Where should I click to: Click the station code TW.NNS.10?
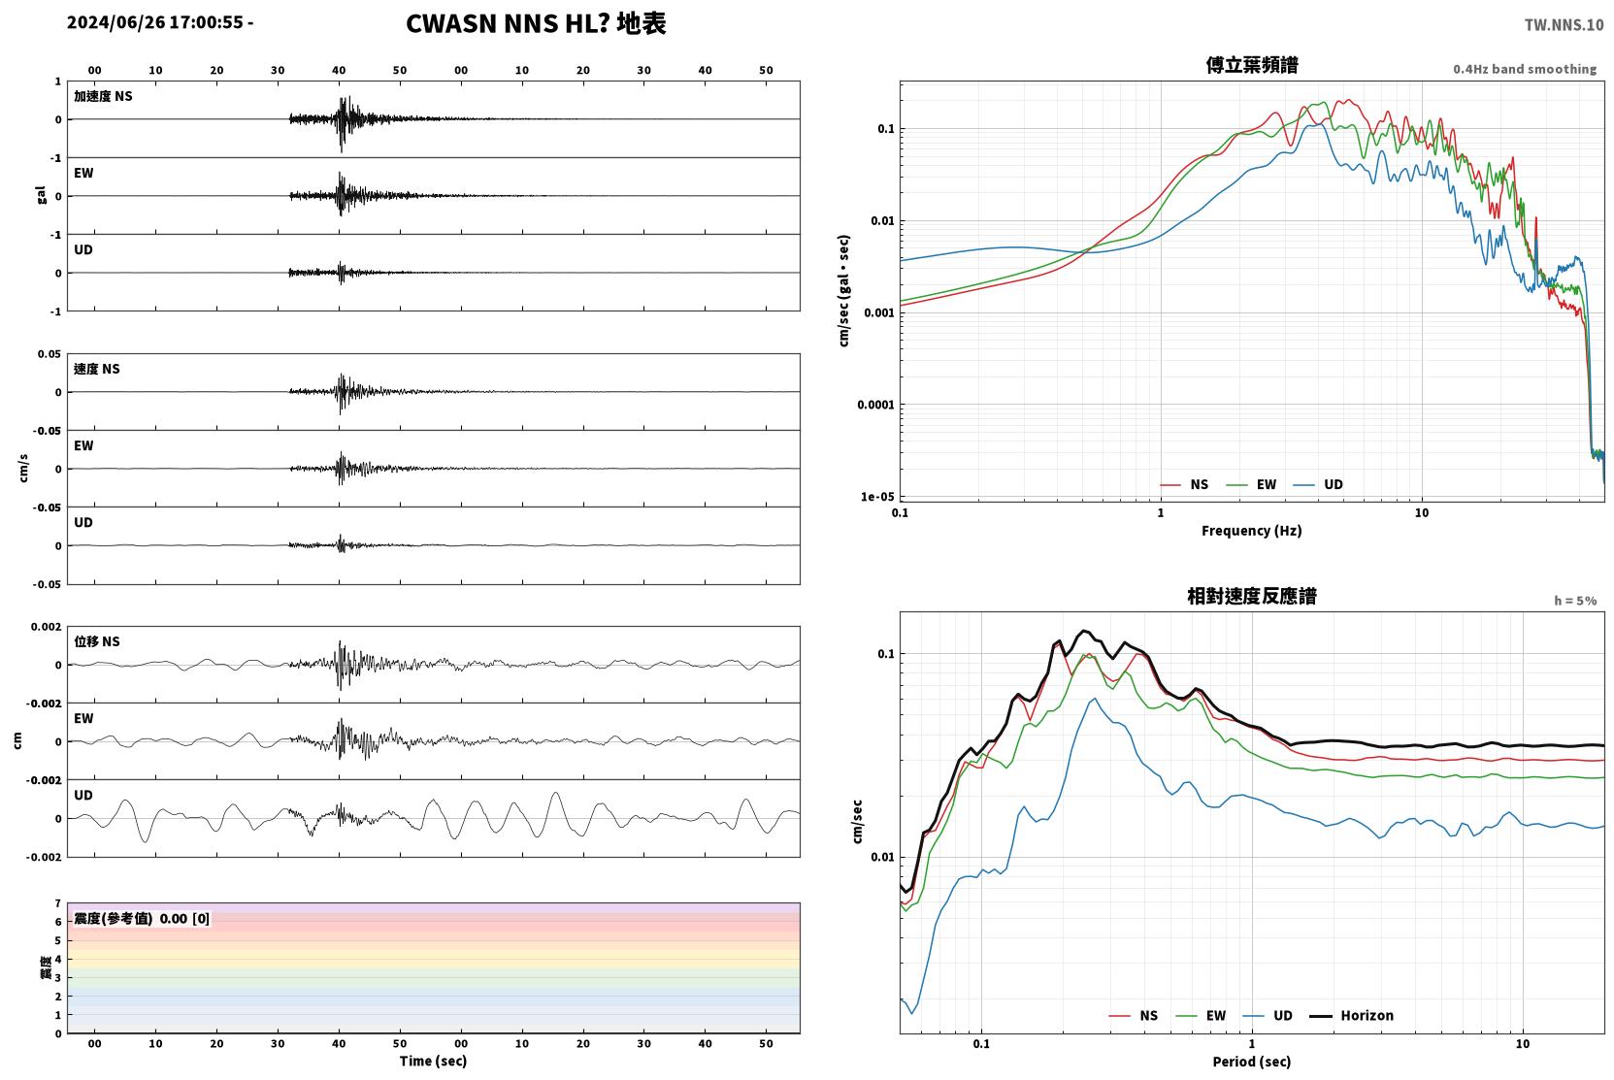(x=1564, y=24)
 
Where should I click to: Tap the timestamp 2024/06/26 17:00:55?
(x=155, y=22)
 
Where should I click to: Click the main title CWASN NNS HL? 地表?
(x=536, y=23)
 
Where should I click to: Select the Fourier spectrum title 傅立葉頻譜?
(x=1252, y=65)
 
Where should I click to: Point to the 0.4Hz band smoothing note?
(x=1525, y=69)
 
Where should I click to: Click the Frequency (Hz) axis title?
(x=1252, y=531)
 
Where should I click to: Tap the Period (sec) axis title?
(x=1252, y=1062)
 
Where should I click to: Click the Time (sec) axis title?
(x=433, y=1061)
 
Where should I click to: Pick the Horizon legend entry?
(x=1351, y=1015)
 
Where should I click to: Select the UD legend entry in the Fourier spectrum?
(x=1318, y=484)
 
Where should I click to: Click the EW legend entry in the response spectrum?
(x=1201, y=1015)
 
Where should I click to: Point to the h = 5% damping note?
(x=1575, y=600)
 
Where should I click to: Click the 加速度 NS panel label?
(x=103, y=96)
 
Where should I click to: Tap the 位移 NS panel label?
(x=96, y=641)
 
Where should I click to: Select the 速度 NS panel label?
(x=96, y=369)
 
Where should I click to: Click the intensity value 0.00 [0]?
(x=184, y=919)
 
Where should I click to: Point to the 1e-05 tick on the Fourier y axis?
(x=877, y=497)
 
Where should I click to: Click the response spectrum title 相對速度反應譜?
(x=1252, y=596)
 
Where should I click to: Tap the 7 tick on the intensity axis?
(x=58, y=903)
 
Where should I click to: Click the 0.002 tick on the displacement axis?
(x=46, y=627)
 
